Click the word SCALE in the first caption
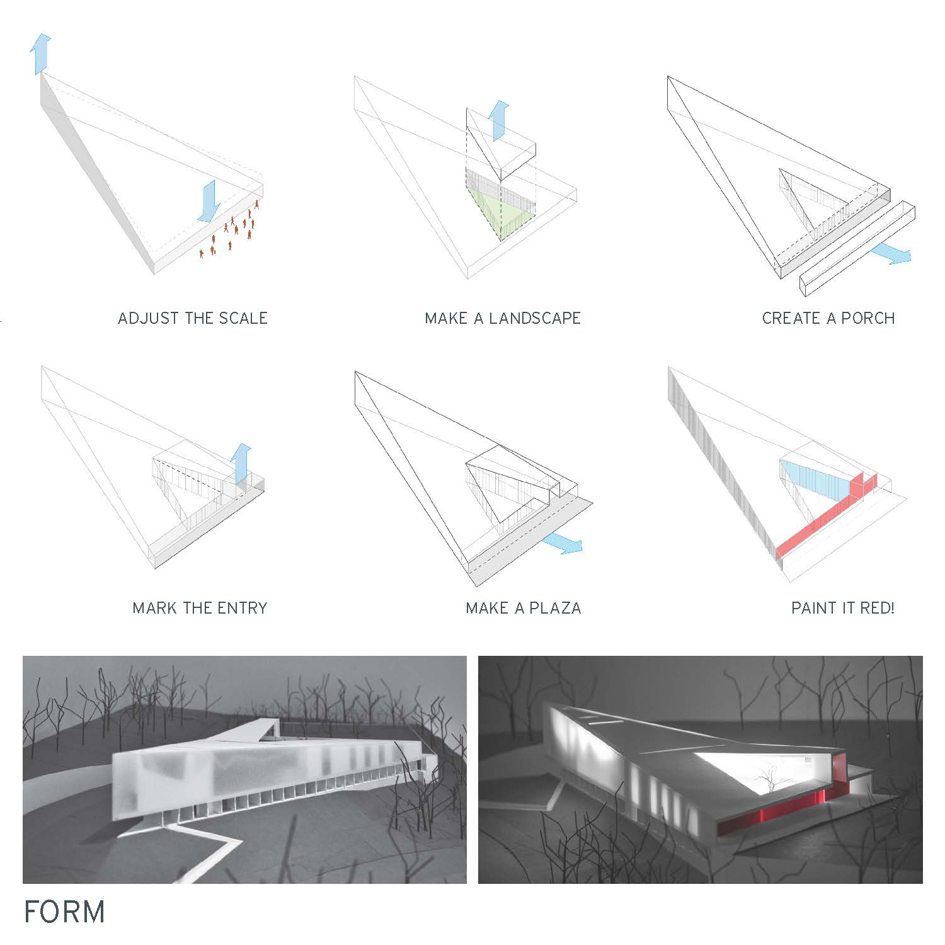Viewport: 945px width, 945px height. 243,318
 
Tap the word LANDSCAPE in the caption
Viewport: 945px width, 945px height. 535,318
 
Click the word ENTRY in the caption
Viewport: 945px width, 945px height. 243,608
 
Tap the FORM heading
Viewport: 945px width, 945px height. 64,912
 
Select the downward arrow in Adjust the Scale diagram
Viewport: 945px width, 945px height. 209,201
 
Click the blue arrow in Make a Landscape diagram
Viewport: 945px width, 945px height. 498,120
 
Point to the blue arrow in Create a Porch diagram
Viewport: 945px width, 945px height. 891,254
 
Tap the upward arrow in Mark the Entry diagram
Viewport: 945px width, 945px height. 241,464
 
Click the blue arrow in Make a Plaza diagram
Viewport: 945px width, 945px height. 562,543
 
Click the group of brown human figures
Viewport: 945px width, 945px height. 230,230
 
